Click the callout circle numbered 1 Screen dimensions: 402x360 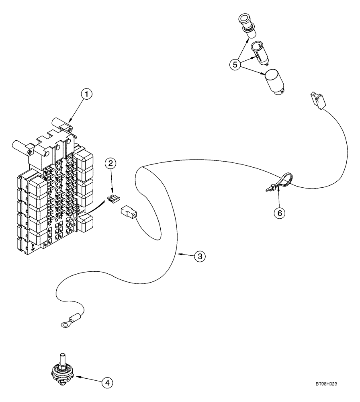point(87,94)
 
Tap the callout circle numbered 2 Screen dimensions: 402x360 point(112,163)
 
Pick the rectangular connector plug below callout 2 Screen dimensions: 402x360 point(127,213)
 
